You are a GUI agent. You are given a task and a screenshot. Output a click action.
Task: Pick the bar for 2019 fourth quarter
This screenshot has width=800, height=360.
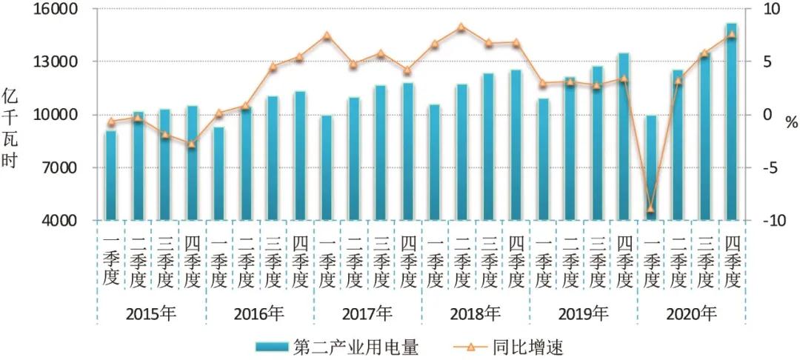[624, 137]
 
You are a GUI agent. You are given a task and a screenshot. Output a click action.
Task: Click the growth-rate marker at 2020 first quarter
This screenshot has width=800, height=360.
[650, 210]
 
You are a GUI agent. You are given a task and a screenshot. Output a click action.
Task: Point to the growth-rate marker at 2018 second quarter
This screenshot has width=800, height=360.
[461, 27]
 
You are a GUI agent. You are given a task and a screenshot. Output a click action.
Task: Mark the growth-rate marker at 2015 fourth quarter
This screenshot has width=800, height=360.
[191, 144]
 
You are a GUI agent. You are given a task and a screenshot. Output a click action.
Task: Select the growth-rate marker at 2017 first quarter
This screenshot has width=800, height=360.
[327, 36]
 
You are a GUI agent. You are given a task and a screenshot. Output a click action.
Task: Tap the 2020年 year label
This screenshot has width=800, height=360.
[691, 313]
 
